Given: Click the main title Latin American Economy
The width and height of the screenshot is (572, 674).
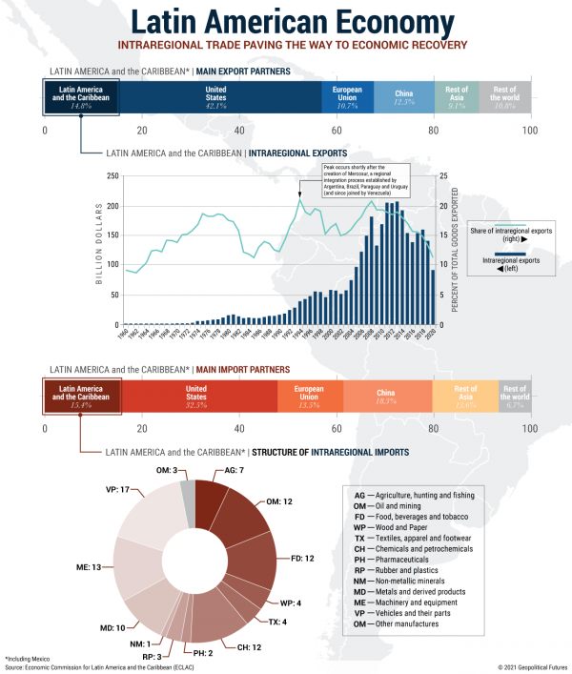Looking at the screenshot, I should click(286, 22).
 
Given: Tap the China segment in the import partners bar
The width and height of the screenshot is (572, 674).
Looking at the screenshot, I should click(387, 394).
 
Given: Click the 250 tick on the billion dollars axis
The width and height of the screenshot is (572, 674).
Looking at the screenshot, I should click(113, 176).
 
